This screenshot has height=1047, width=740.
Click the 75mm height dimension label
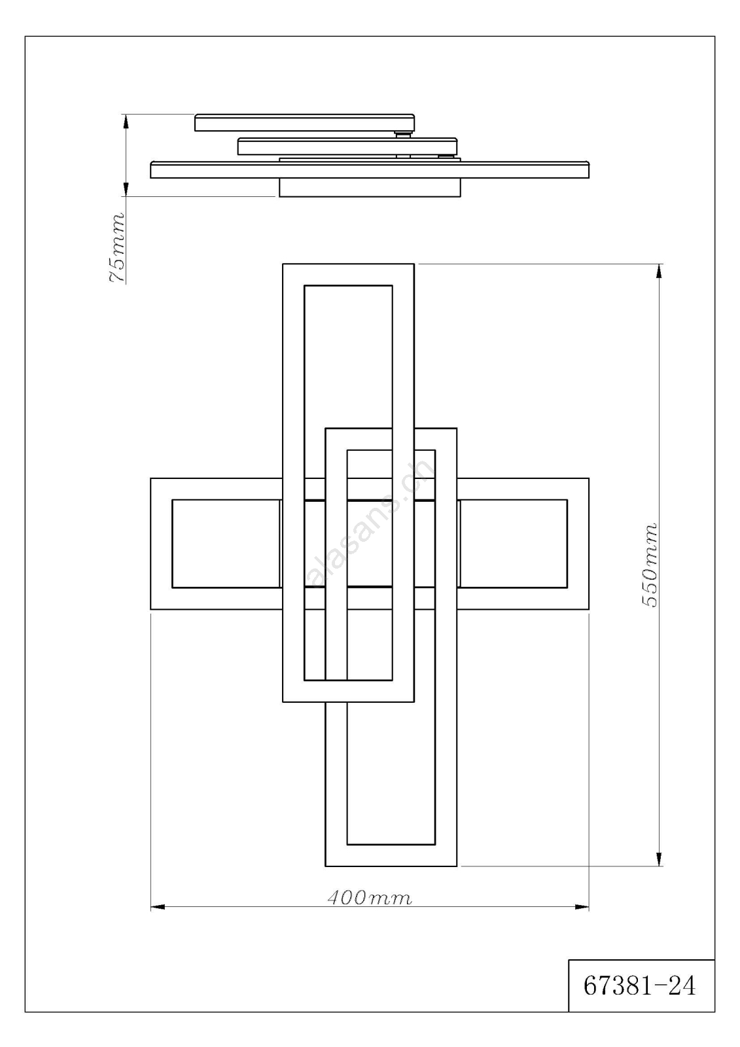point(116,248)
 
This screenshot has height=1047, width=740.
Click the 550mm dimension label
point(649,565)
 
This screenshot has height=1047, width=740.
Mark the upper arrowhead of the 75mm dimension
point(125,121)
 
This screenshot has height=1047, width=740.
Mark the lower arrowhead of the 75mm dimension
point(125,189)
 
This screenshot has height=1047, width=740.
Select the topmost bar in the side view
point(304,122)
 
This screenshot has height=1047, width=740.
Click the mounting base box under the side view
point(370,187)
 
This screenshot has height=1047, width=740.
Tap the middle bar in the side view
point(347,147)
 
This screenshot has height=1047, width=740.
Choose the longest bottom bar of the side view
point(369,169)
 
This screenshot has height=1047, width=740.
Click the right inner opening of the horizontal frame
point(514,544)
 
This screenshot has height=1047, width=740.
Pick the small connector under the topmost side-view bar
point(403,135)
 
